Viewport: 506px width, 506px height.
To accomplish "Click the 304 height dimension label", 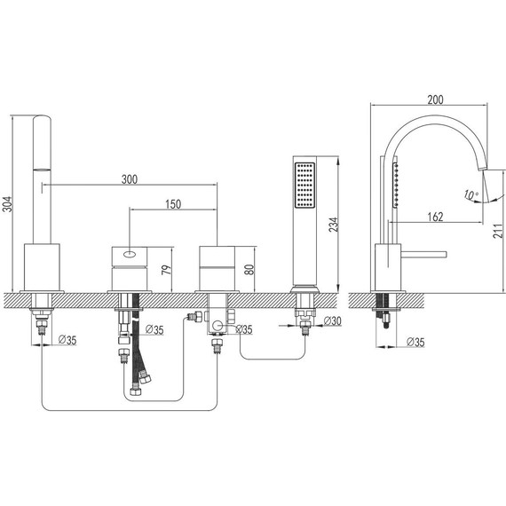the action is (x=7, y=204).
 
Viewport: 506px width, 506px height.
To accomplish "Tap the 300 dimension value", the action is (x=130, y=179).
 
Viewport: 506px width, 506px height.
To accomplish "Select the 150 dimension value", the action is (x=173, y=204).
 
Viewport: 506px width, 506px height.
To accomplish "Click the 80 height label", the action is (x=249, y=270).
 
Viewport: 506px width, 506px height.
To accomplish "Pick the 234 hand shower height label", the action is (x=334, y=225).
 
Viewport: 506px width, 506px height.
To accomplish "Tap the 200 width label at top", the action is (x=435, y=99).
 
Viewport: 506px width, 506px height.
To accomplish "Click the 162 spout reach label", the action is (x=435, y=217).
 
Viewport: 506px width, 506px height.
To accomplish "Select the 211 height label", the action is (x=498, y=231).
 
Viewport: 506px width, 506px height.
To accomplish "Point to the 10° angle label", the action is (x=471, y=194).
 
